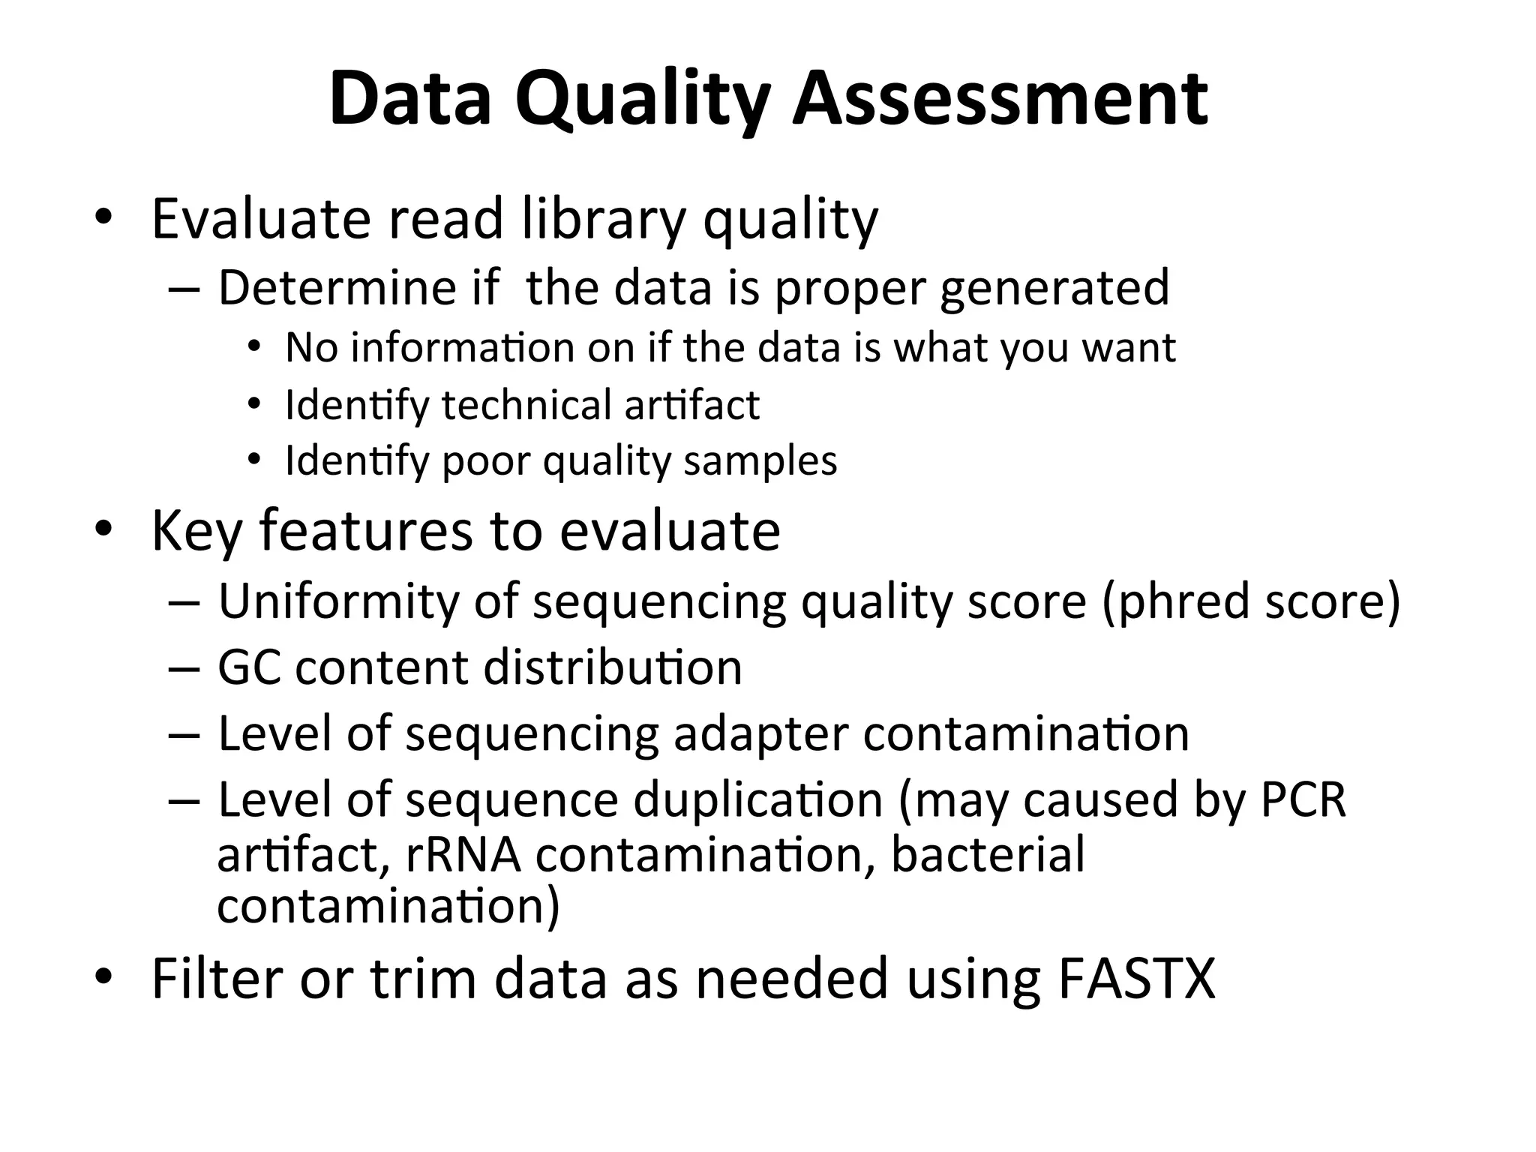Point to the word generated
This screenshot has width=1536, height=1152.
point(1054,289)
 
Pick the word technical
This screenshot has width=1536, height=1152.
point(526,405)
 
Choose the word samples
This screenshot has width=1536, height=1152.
point(760,461)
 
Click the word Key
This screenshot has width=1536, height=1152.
point(197,532)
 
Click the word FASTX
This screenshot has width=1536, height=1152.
point(1135,979)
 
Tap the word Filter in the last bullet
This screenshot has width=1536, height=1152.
point(217,979)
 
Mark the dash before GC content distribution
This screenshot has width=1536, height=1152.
point(184,668)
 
